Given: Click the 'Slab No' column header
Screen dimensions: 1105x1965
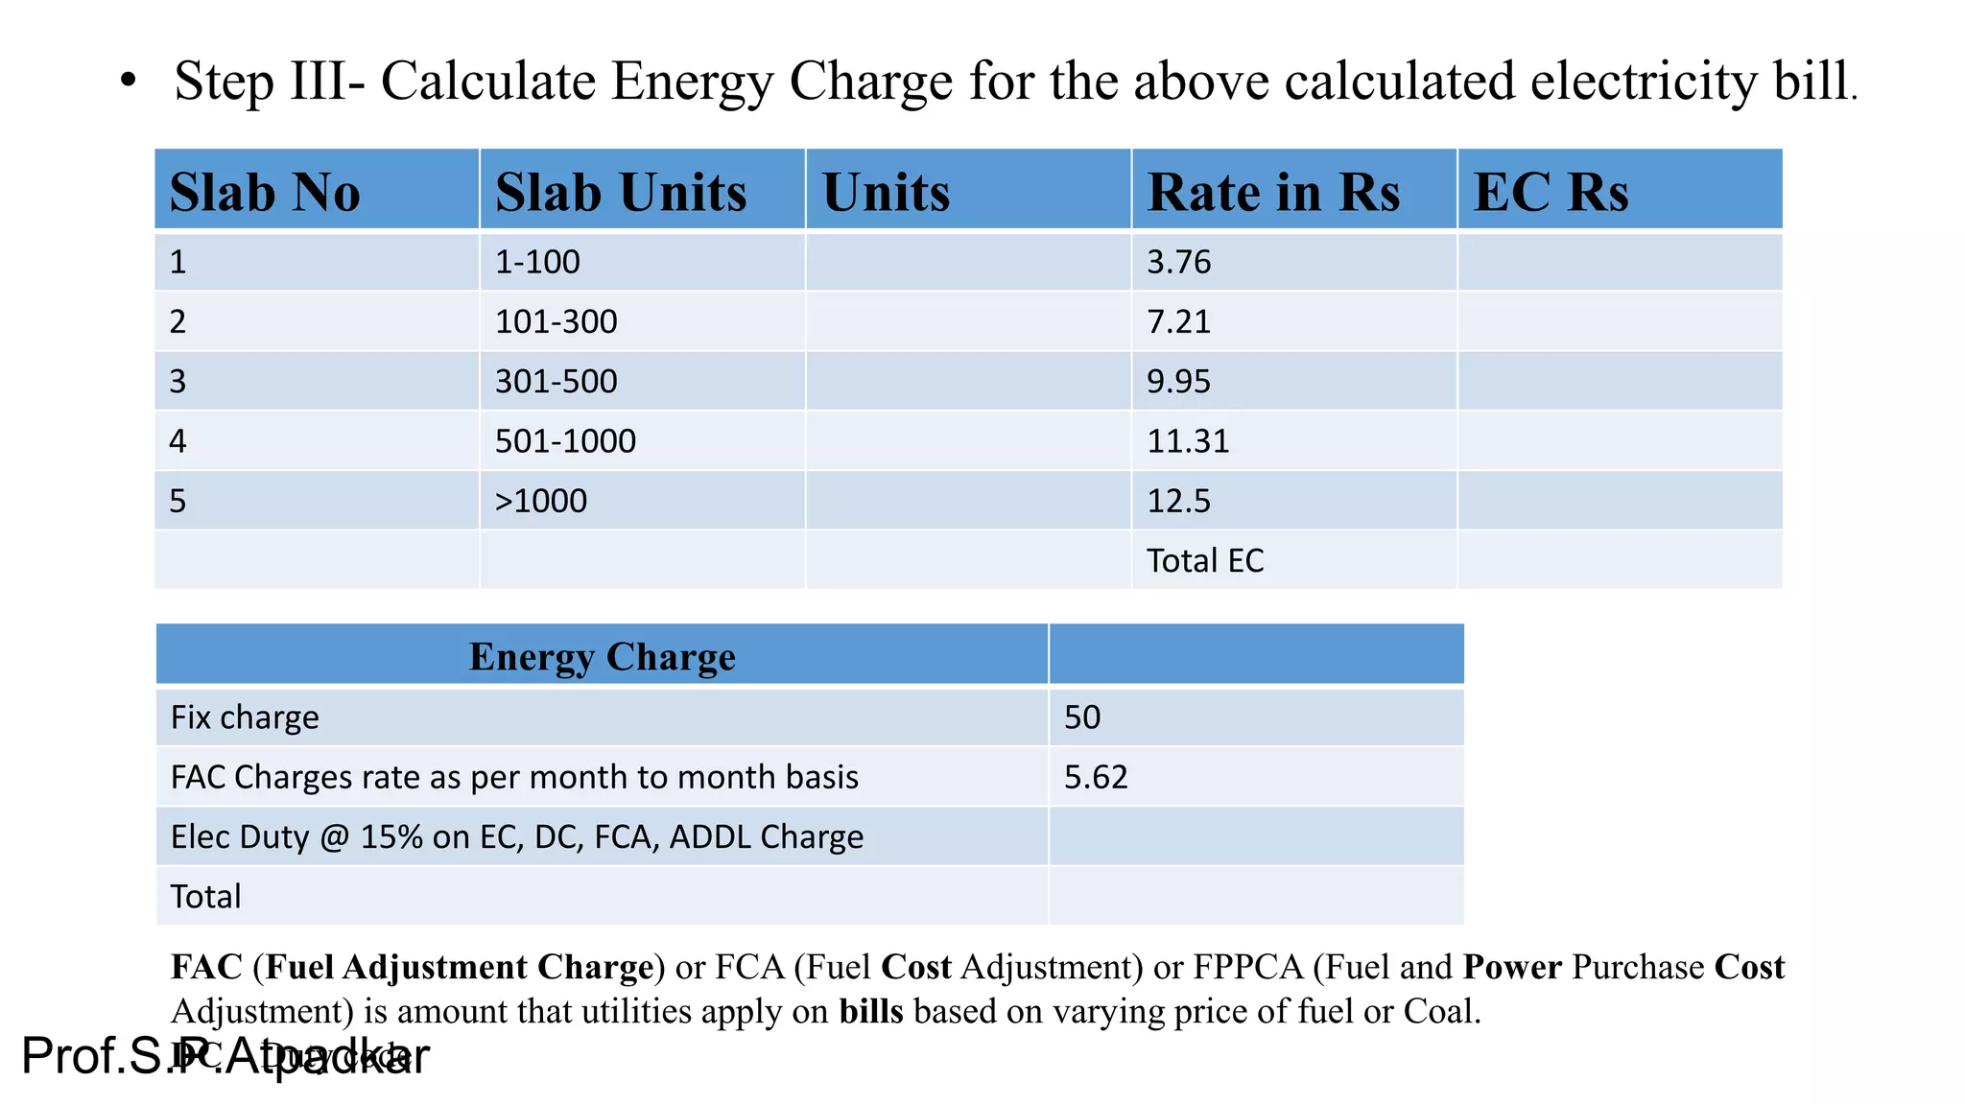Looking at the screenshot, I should point(265,192).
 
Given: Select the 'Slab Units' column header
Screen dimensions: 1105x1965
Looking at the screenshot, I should point(621,192).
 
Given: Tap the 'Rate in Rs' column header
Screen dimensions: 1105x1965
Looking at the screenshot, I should point(1273,192).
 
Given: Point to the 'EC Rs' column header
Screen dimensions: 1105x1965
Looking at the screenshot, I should point(1551,192).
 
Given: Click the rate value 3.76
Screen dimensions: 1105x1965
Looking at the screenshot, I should point(1179,262).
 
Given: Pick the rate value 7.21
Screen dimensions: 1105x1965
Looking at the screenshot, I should point(1179,321).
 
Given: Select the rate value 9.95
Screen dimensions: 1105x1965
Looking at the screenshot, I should point(1179,382).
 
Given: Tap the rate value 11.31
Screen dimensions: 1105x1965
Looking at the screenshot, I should point(1188,441).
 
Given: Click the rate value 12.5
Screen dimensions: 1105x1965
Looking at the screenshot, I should point(1179,501).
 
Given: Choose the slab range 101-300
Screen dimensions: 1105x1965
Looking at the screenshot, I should point(556,321).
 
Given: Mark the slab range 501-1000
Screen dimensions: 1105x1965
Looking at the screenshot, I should point(565,441).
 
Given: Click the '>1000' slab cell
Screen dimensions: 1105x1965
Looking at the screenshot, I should point(540,501).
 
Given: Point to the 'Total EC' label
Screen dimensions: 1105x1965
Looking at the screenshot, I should point(1205,560).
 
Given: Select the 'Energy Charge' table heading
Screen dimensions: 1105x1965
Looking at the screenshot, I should point(602,657).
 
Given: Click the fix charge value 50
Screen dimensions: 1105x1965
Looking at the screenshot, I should point(1082,717).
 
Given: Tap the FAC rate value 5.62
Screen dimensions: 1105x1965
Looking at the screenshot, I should point(1096,777).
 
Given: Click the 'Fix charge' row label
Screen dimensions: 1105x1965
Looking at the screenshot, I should point(245,717).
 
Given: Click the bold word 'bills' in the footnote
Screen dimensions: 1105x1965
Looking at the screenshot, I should point(870,1011).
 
